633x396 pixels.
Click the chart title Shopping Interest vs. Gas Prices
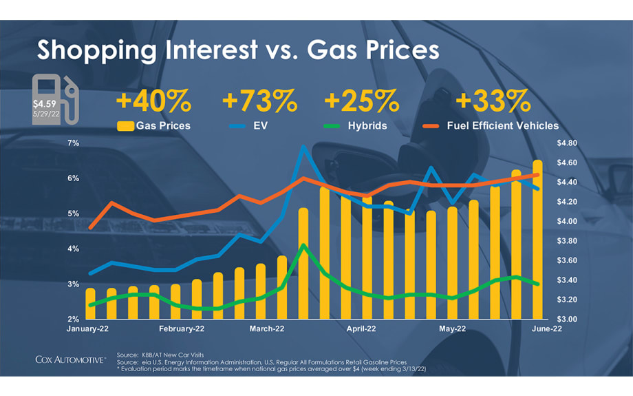coord(237,50)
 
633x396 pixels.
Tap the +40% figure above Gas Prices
coord(153,102)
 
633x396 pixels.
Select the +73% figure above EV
coord(259,102)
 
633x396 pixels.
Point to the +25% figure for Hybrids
coord(361,102)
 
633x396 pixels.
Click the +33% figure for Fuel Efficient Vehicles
coord(493,102)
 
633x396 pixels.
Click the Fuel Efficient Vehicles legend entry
coord(492,125)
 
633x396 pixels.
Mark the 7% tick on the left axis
coord(73,143)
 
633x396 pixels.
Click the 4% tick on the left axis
coord(73,249)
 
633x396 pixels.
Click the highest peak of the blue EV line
coord(303,146)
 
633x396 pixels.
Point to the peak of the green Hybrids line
coord(303,245)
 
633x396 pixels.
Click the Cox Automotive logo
coord(71,359)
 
